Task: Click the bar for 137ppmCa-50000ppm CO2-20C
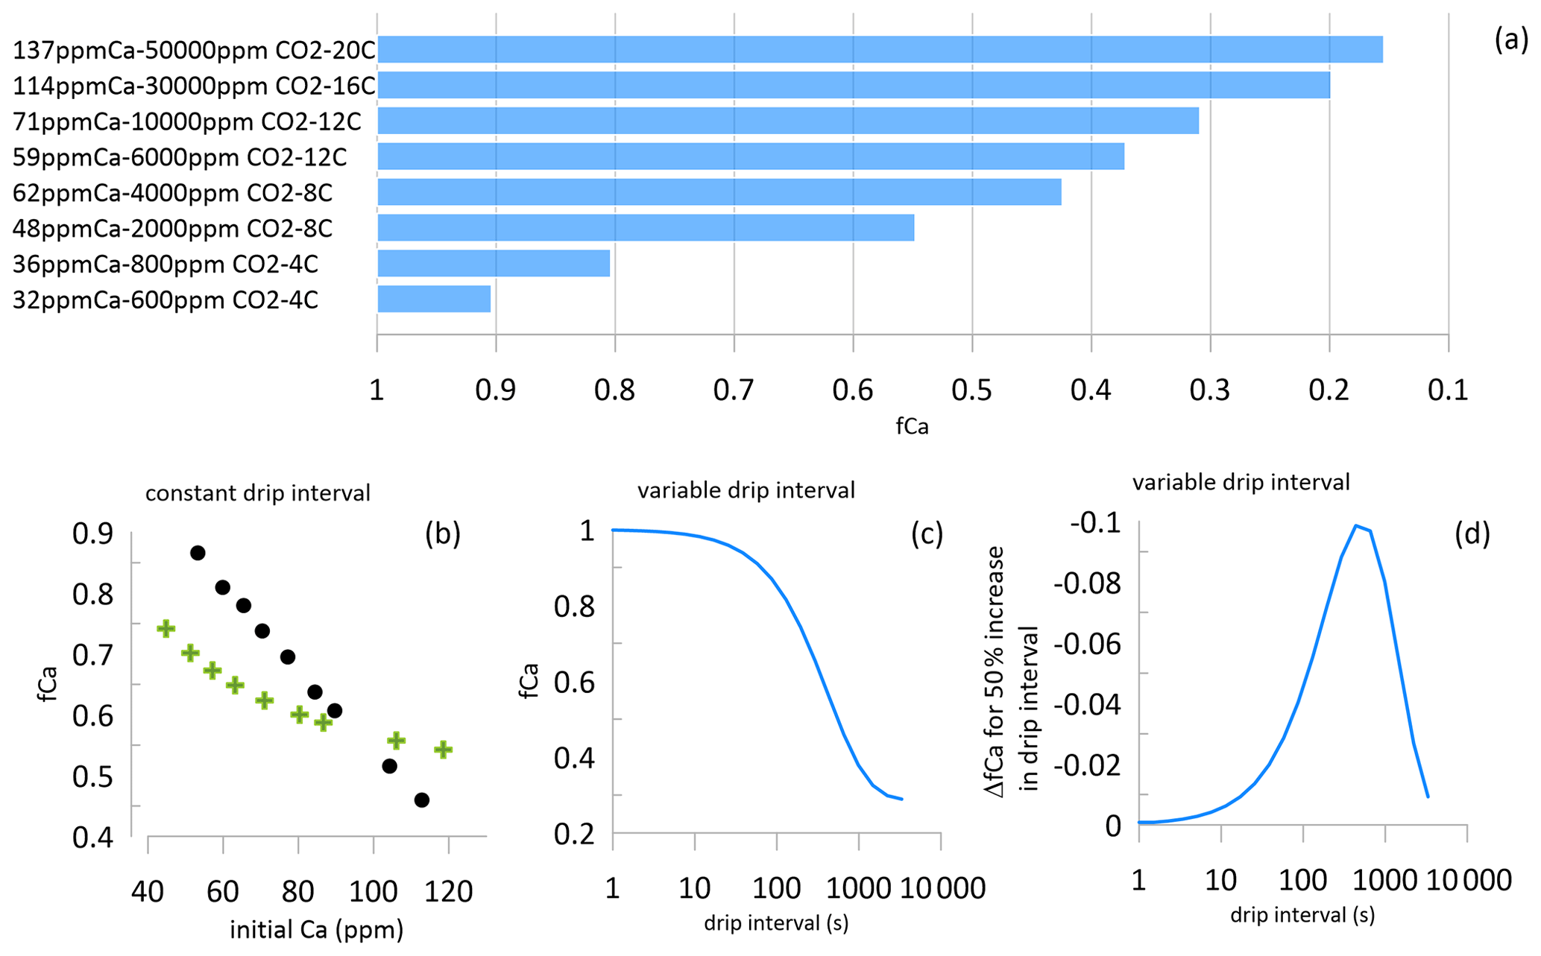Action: tap(880, 49)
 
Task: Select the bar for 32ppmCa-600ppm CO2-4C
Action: tap(434, 299)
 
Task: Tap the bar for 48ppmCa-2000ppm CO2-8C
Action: tap(646, 228)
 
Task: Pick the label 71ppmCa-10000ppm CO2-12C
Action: tap(186, 121)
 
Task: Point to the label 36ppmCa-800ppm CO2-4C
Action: tap(165, 264)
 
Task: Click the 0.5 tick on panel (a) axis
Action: tap(972, 390)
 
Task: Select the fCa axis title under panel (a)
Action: tap(912, 427)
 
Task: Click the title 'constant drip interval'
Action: tap(257, 493)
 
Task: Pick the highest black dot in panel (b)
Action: tap(198, 553)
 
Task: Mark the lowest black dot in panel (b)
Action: tap(421, 800)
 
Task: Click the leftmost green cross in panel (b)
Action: tap(166, 629)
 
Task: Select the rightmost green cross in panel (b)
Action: tap(443, 750)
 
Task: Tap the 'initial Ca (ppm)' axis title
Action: tap(316, 929)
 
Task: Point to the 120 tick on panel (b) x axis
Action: tap(449, 891)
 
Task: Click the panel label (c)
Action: tap(927, 534)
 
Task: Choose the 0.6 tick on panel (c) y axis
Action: tap(575, 683)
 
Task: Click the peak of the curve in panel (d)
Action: tap(1355, 526)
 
